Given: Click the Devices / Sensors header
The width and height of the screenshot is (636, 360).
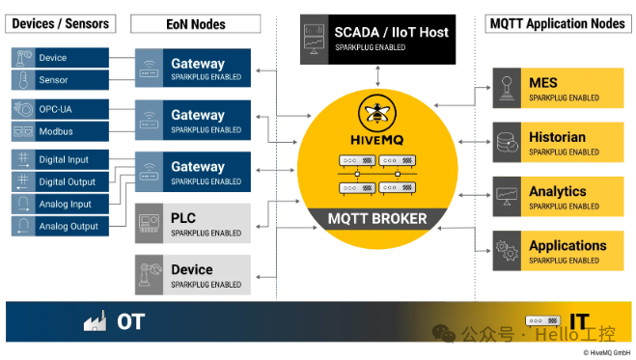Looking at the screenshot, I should tap(61, 22).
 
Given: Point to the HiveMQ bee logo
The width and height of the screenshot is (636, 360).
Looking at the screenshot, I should tap(374, 113).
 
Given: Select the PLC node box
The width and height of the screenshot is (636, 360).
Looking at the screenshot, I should tap(192, 223).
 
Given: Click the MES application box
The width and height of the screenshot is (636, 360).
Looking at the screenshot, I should tap(558, 89).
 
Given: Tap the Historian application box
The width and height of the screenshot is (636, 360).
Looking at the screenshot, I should tap(558, 143).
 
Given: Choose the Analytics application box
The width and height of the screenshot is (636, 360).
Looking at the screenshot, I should tap(558, 197).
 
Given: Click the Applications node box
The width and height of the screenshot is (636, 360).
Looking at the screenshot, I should tap(558, 251).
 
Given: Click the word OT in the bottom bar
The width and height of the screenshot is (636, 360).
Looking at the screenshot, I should tap(131, 321).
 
